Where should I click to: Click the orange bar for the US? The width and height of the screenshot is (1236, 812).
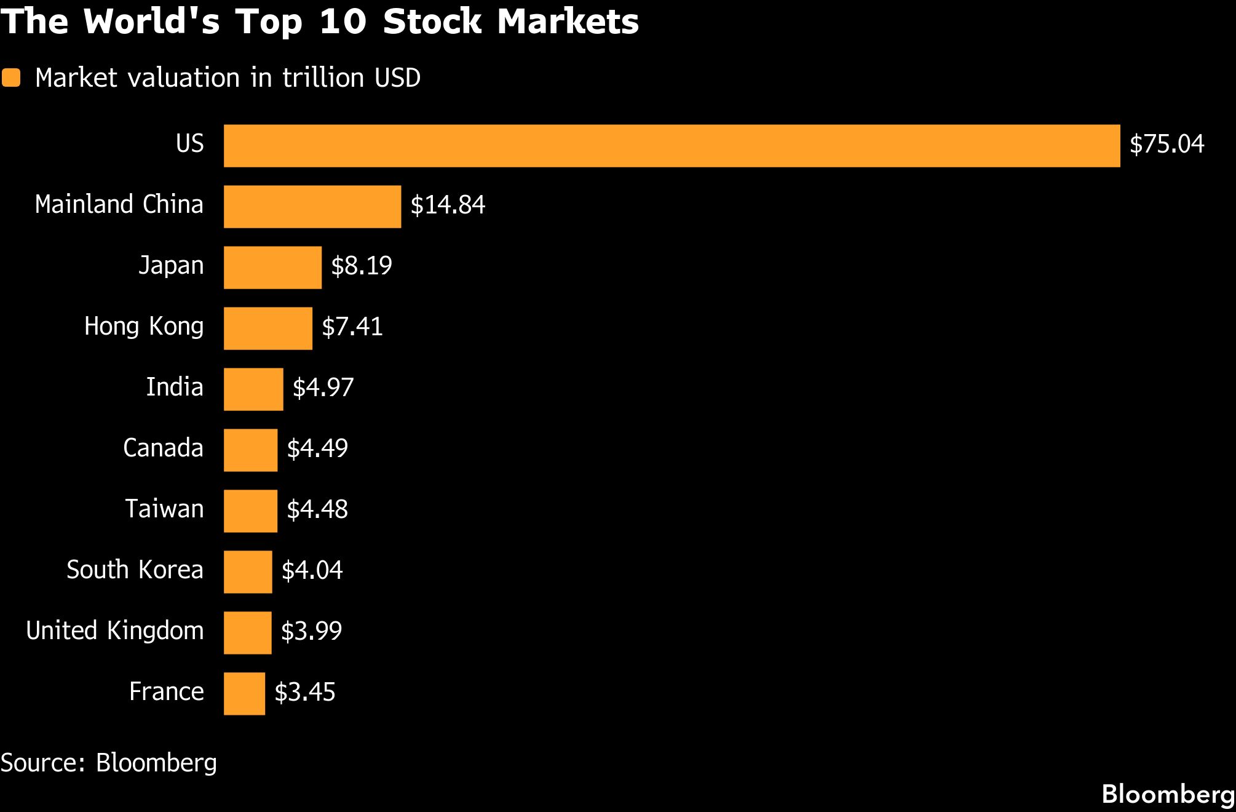[671, 146]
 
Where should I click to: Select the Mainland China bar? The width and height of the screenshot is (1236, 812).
[312, 207]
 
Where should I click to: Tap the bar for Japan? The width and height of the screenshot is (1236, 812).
[272, 268]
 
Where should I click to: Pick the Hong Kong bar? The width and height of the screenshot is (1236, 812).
[268, 328]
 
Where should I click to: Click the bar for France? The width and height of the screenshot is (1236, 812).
[244, 694]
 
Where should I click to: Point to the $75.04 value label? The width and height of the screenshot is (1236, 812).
[1167, 144]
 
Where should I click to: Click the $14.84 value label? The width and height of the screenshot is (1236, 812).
[448, 205]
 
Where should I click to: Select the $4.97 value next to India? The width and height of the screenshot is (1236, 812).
[323, 388]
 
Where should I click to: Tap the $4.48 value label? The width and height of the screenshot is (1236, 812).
[317, 509]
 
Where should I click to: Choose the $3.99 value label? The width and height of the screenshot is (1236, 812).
[311, 631]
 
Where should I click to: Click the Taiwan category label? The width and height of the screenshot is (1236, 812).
[164, 509]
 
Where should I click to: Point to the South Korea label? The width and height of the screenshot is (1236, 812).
[135, 570]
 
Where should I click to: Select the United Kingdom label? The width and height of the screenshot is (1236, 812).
[114, 631]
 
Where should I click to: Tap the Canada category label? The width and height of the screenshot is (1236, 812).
[163, 448]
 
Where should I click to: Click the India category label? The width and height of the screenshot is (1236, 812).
[175, 388]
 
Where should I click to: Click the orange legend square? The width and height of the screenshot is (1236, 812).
[11, 78]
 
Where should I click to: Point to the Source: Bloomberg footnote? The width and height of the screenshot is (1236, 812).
[108, 763]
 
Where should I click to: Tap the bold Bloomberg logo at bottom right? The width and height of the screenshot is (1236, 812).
[1168, 794]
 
